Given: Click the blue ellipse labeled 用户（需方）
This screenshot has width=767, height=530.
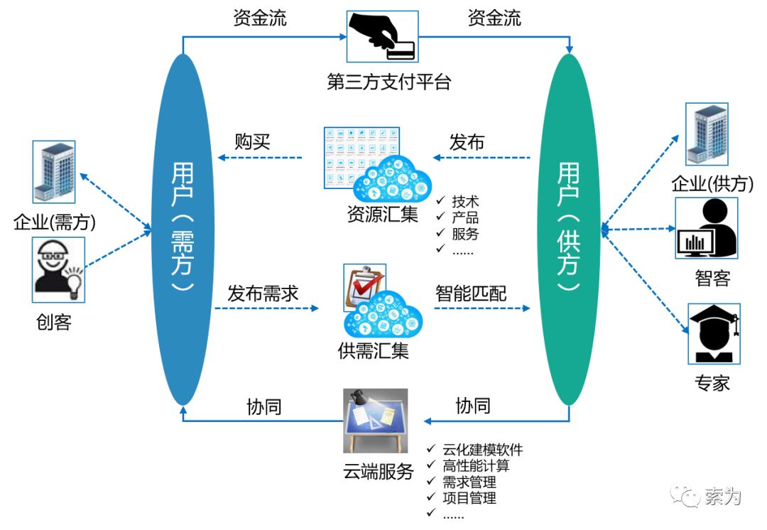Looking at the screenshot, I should (184, 227).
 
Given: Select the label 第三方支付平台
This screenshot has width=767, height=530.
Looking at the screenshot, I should (388, 82).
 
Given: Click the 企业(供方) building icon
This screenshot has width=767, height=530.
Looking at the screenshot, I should (707, 134).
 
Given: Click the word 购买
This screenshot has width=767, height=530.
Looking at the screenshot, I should (253, 141).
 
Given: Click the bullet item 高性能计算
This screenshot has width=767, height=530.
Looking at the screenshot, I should (476, 466).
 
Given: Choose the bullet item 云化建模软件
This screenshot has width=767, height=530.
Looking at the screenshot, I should (483, 450).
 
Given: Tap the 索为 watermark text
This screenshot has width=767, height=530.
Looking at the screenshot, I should (723, 496).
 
